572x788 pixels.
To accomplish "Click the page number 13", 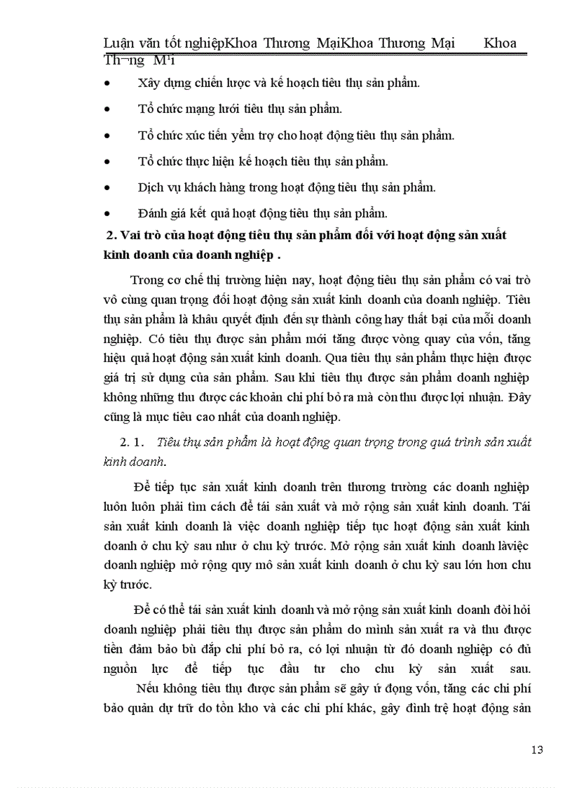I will tap(538, 749).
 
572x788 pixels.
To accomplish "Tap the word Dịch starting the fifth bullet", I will tap(149, 187).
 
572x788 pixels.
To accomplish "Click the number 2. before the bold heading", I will tap(109, 236).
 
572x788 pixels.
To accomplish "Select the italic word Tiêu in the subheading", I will tap(170, 442).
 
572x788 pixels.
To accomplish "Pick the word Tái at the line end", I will tap(522, 505).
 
